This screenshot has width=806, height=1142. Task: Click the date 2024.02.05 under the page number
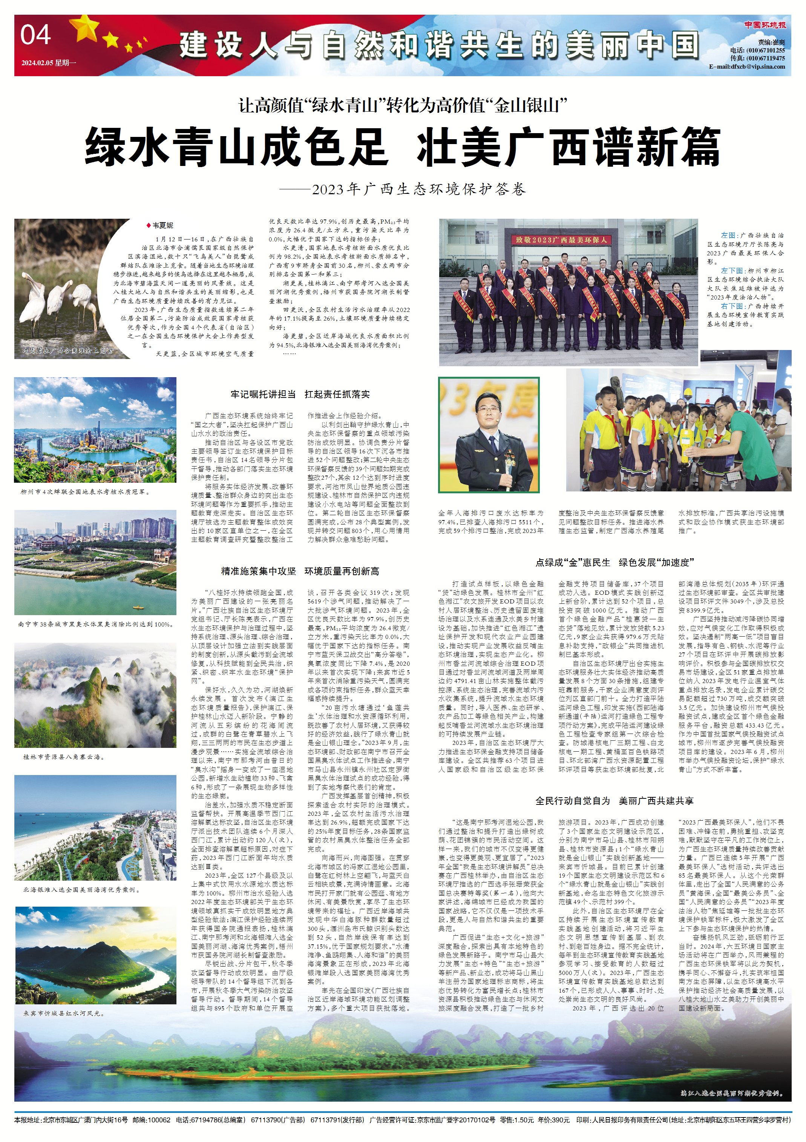coord(48,63)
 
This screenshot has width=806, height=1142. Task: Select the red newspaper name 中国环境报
coord(765,25)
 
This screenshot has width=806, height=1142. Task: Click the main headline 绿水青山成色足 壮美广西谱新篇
coord(402,147)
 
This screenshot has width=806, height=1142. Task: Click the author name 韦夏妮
coord(162,225)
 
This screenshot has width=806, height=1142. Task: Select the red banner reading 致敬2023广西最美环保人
coord(561,240)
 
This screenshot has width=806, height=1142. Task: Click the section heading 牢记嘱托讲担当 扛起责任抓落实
coord(300,394)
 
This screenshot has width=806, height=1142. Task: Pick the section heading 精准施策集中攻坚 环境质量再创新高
coord(300,571)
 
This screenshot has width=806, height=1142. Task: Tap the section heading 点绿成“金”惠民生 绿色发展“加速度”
coord(614,563)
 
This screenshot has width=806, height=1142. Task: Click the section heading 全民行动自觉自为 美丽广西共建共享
coord(614,801)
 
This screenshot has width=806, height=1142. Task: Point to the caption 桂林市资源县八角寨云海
coord(64,757)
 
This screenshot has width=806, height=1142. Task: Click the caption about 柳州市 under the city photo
coord(84,492)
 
